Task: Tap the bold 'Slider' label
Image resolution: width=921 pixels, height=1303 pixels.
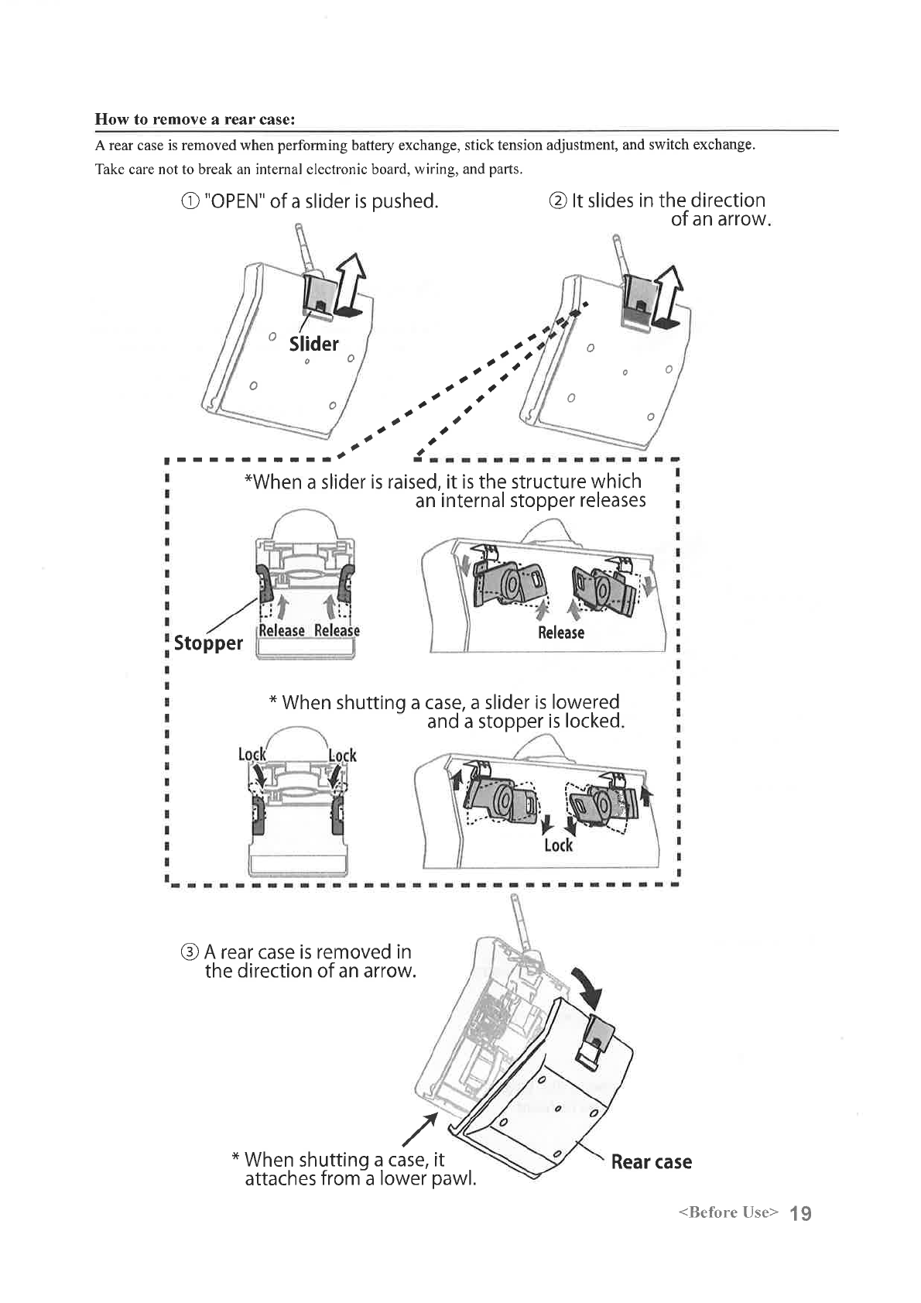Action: [x=313, y=344]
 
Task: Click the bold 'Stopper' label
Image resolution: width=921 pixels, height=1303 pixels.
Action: [x=208, y=643]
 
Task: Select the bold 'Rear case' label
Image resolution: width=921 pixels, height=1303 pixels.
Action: [x=651, y=1161]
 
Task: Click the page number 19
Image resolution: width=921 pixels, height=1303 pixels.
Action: [x=801, y=1212]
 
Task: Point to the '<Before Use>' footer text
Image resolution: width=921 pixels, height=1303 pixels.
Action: [x=727, y=1212]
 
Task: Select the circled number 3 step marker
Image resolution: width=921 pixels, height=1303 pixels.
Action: [x=190, y=952]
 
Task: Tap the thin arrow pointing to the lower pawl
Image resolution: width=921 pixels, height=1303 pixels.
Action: [x=422, y=1130]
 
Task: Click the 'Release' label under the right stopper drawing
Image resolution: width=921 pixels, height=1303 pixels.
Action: [x=561, y=633]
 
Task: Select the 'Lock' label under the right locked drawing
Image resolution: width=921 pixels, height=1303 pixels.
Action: [x=558, y=845]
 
